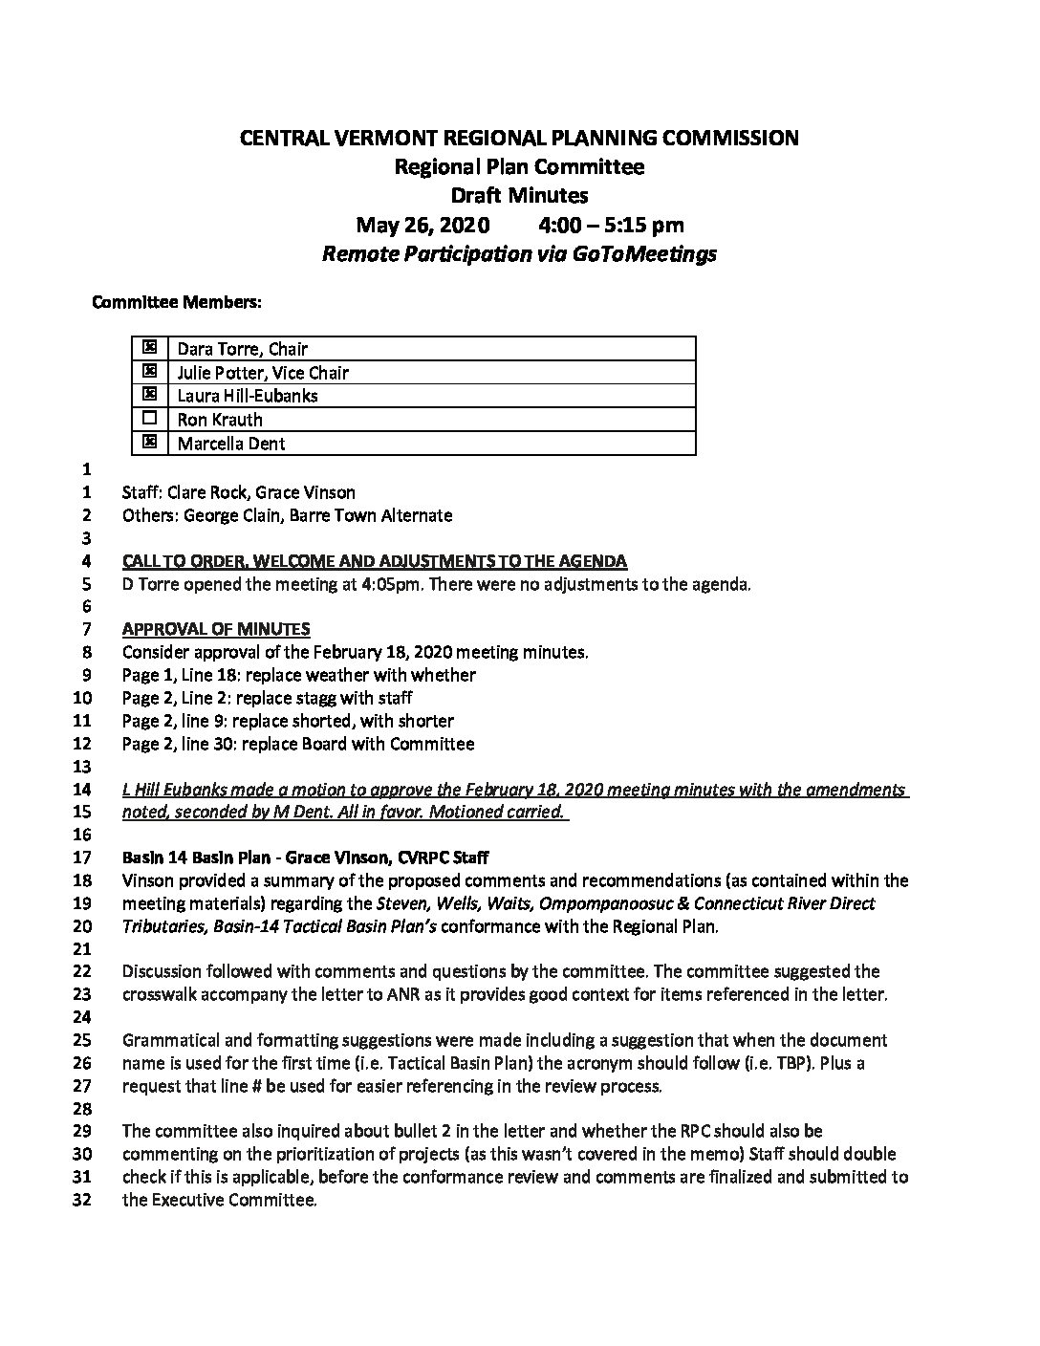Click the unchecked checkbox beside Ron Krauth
coord(148,419)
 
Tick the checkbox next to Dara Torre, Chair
coord(148,348)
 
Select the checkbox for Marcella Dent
coord(148,443)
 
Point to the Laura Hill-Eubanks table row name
coord(248,396)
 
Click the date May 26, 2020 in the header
coord(422,226)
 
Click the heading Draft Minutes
coord(519,196)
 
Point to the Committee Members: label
coord(177,303)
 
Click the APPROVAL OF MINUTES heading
coord(216,629)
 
